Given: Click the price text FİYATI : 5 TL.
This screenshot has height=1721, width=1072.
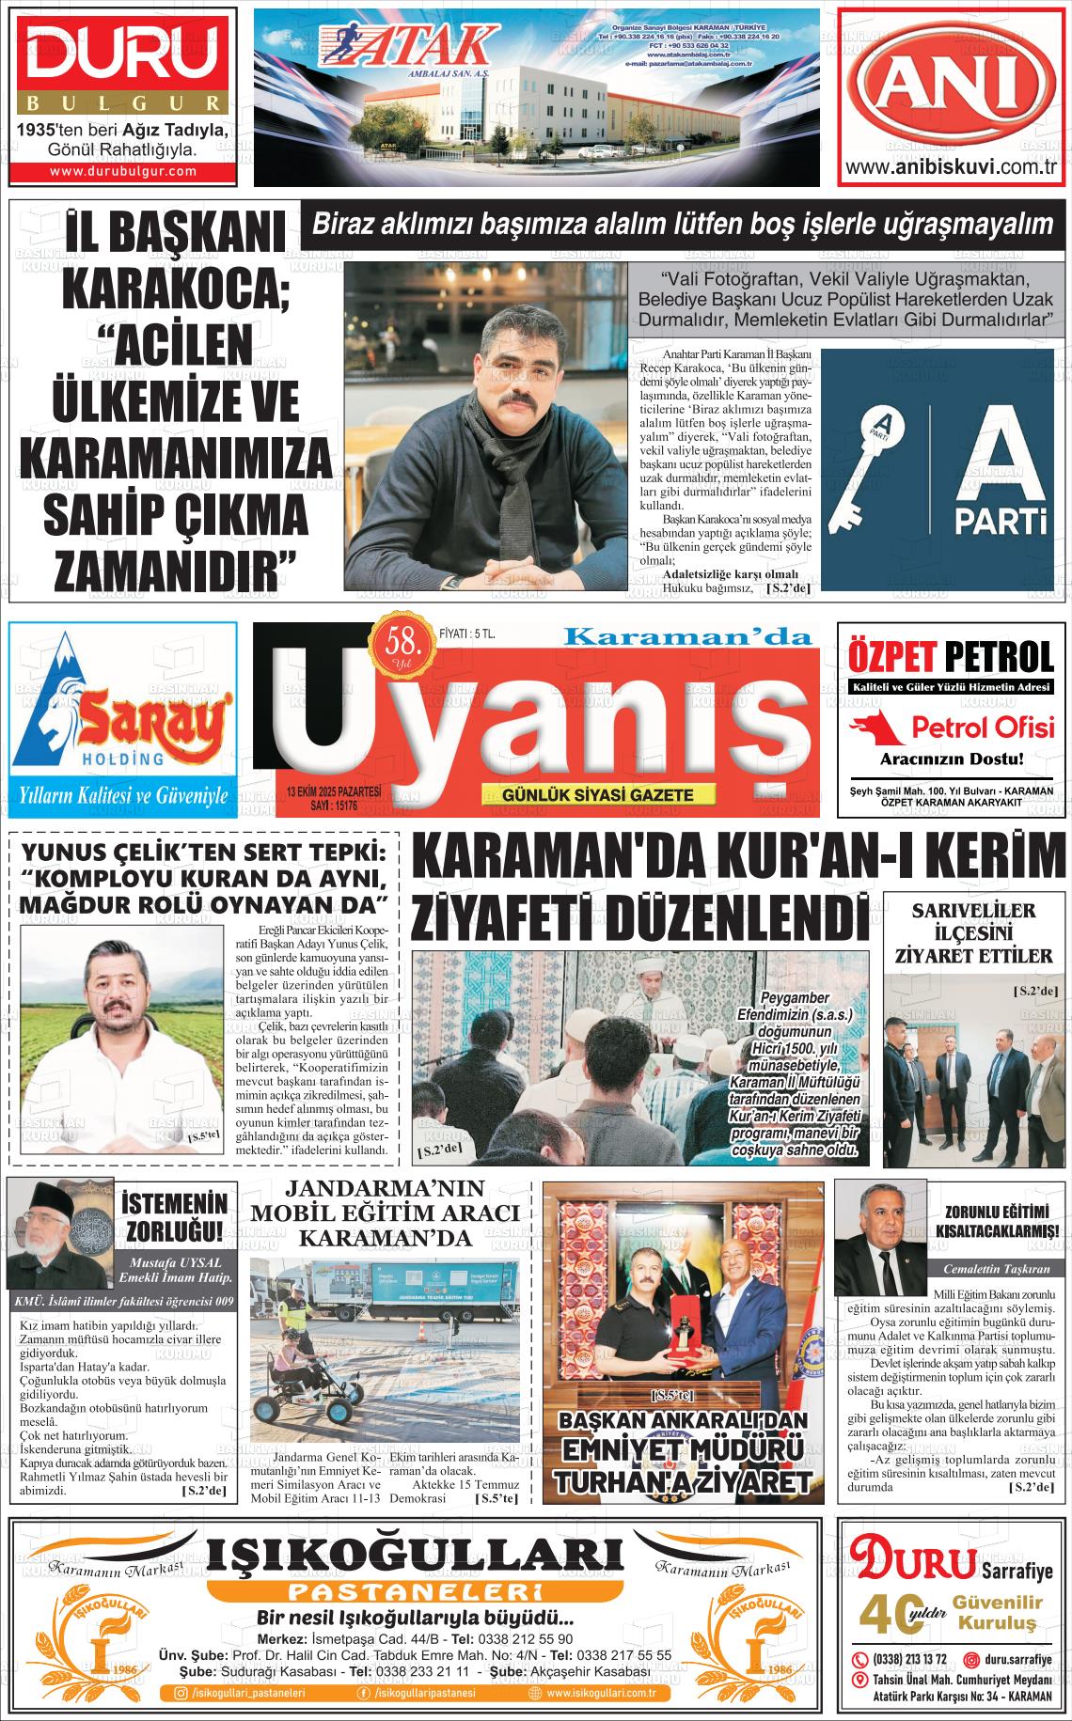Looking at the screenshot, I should (x=467, y=634).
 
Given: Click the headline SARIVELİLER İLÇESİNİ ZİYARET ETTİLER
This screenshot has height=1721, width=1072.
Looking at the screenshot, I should (x=973, y=933).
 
